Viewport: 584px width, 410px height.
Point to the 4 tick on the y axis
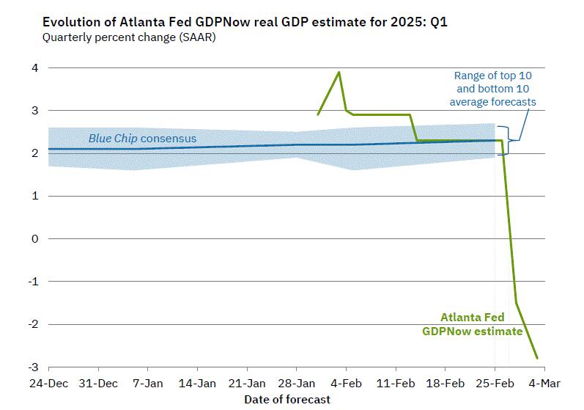tap(34, 68)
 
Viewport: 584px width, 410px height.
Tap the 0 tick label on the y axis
tap(34, 239)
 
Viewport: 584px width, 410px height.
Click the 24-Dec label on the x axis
tap(48, 383)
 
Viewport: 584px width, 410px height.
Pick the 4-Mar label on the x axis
tap(544, 383)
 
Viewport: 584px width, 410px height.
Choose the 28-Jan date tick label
tap(296, 383)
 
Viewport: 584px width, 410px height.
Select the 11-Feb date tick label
tap(396, 383)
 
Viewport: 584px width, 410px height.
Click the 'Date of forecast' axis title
tap(287, 399)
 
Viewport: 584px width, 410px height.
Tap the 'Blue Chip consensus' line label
tap(142, 138)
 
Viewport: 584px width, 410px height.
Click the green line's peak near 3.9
tap(339, 72)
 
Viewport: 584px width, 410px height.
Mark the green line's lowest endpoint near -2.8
tap(538, 359)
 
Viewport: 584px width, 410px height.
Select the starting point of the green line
tap(317, 115)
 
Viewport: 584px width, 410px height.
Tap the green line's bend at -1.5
tap(517, 303)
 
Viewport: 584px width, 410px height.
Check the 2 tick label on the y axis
tap(34, 153)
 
